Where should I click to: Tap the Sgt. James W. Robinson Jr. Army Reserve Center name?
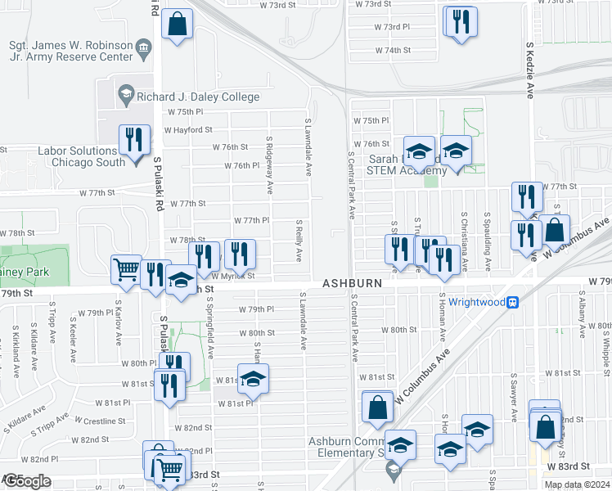pyautogui.click(x=70, y=51)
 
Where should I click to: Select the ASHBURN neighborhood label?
pyautogui.click(x=353, y=282)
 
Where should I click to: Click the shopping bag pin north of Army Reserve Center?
pyautogui.click(x=177, y=25)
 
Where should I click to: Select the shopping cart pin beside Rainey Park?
pyautogui.click(x=126, y=269)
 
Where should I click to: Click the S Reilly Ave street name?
pyautogui.click(x=299, y=240)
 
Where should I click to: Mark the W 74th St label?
pyautogui.click(x=392, y=50)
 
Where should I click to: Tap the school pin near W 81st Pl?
pyautogui.click(x=254, y=378)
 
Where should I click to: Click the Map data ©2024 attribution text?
pyautogui.click(x=576, y=484)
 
